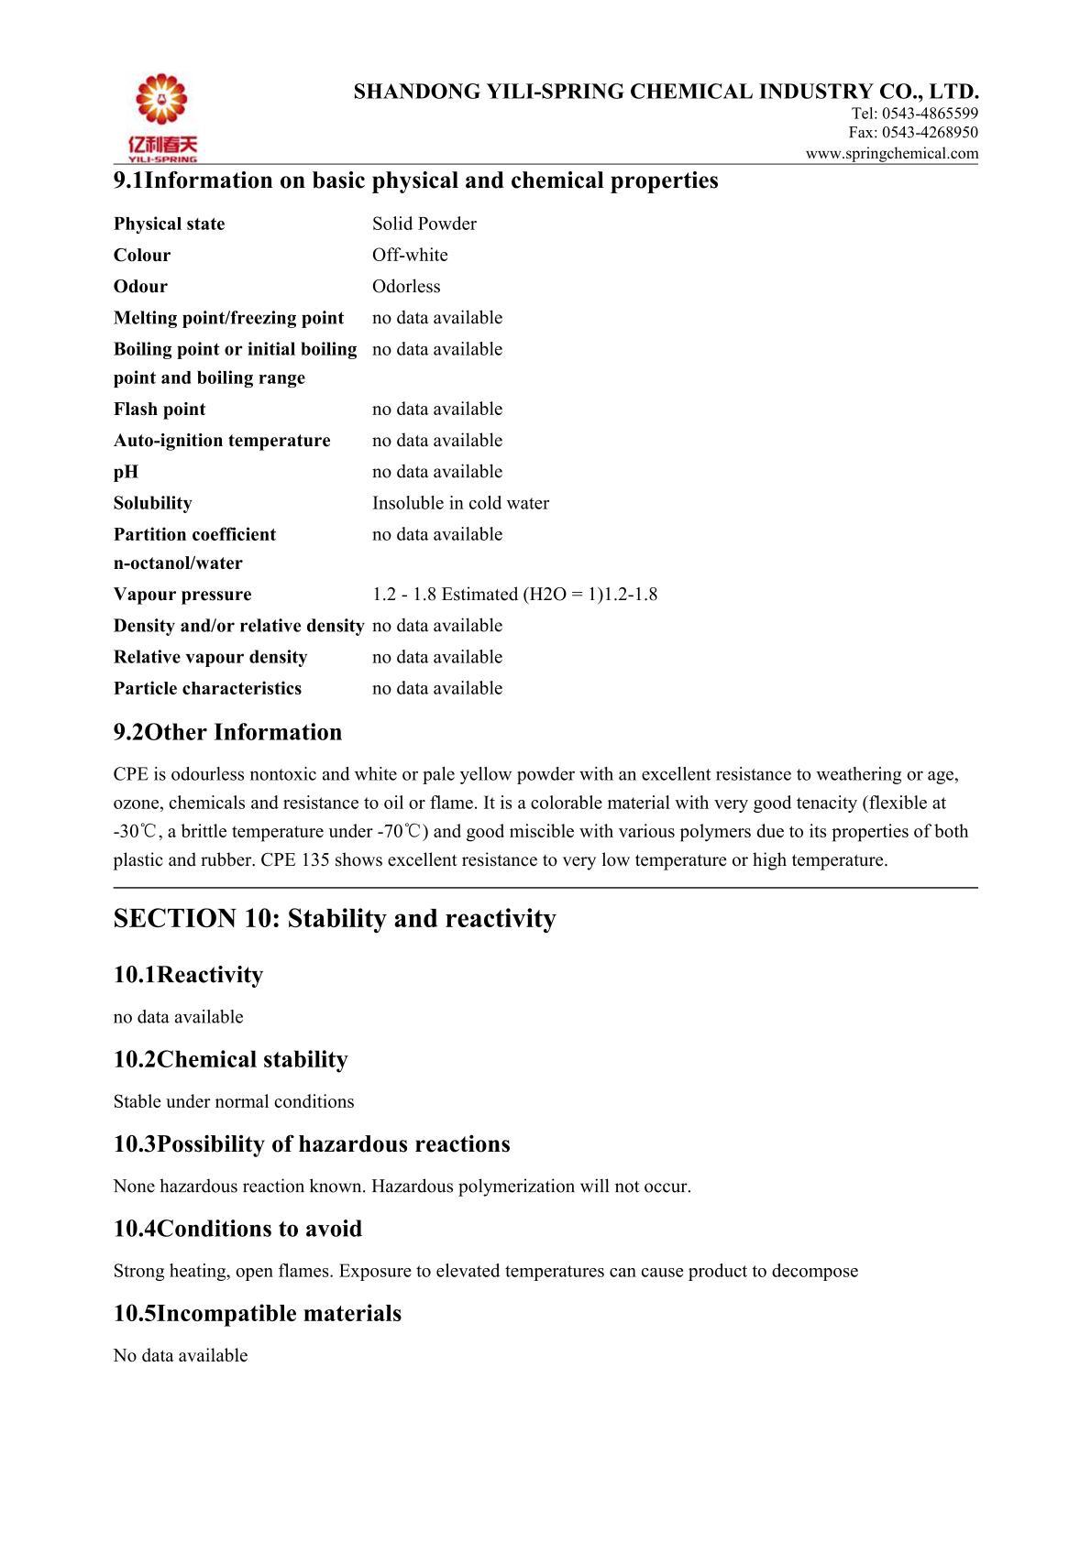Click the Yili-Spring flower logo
(161, 101)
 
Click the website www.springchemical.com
(892, 154)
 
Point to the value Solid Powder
(424, 224)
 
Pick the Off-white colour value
(410, 256)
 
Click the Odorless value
(406, 287)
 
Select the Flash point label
(160, 410)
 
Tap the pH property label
(127, 472)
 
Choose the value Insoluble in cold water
(460, 503)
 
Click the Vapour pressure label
(182, 595)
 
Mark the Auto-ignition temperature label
(222, 441)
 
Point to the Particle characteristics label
(207, 688)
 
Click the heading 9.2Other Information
(227, 732)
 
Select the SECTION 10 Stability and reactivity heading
(335, 919)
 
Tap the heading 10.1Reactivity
(188, 975)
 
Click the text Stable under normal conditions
(234, 1101)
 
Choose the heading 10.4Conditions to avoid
(237, 1229)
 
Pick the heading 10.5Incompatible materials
(258, 1314)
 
